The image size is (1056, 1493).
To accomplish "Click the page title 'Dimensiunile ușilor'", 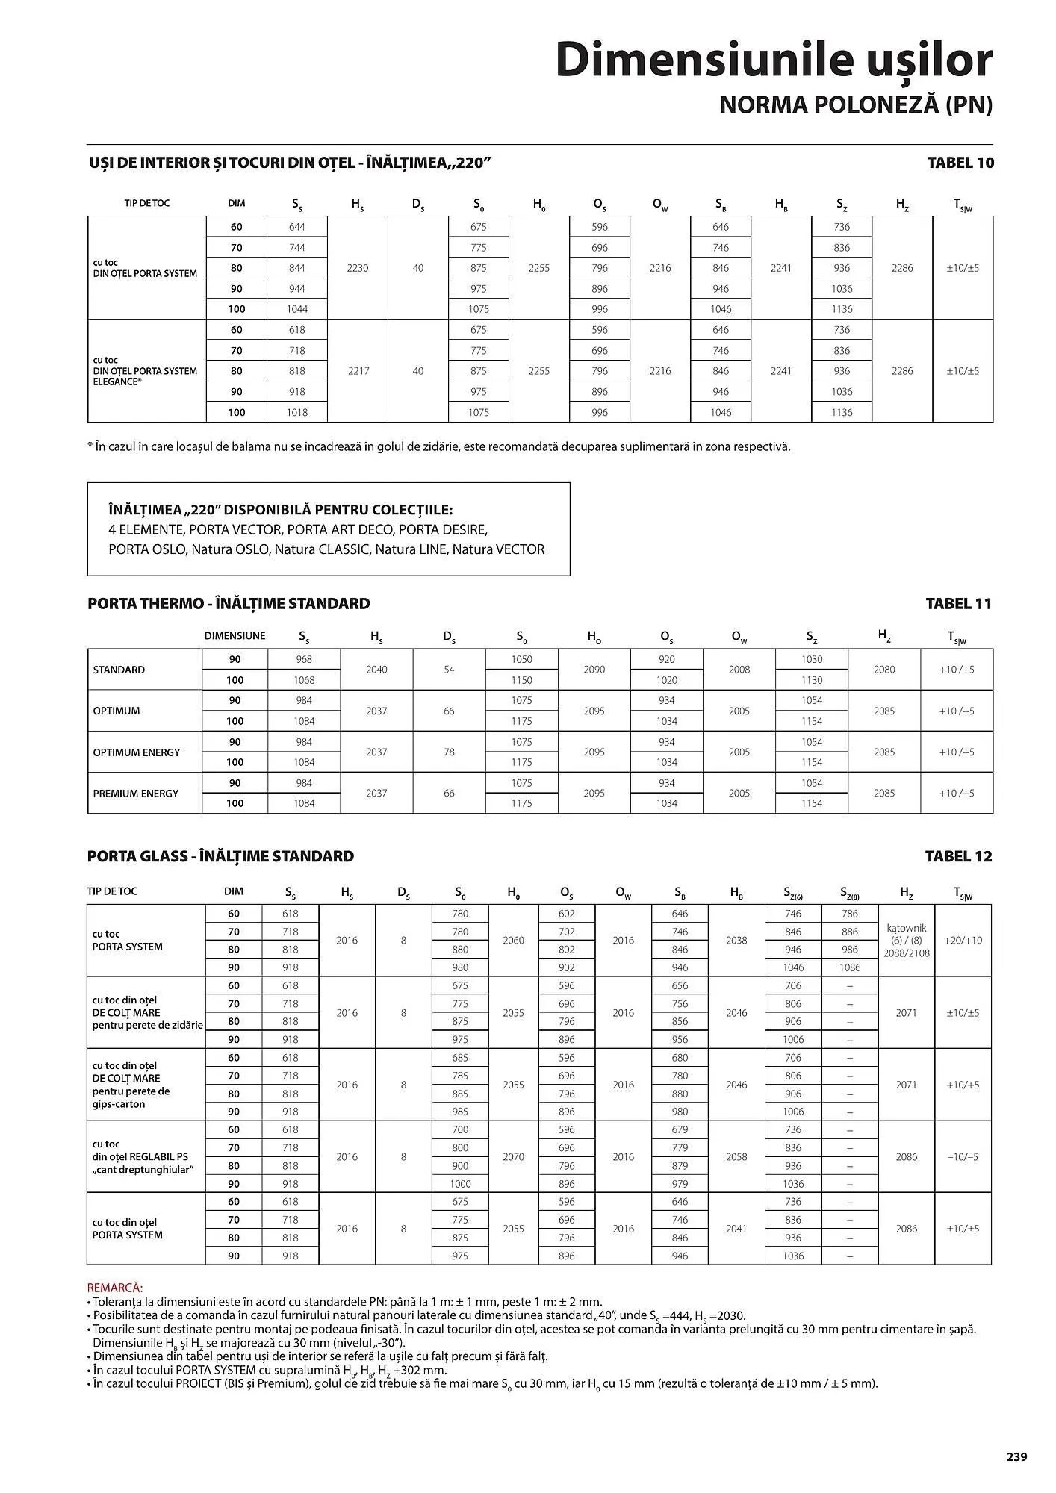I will (774, 61).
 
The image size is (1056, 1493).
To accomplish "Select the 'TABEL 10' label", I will (960, 163).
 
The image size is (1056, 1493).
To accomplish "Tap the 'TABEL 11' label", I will (958, 604).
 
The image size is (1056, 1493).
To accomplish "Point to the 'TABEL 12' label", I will (958, 856).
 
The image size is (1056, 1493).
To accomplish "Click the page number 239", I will (1016, 1456).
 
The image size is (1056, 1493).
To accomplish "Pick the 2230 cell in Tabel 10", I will (358, 268).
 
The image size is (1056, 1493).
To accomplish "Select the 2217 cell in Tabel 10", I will (358, 371).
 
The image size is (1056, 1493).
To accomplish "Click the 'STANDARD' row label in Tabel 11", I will (119, 670).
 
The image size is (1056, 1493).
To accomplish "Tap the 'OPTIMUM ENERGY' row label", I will (136, 752).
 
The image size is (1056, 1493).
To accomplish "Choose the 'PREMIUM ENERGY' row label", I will (135, 794).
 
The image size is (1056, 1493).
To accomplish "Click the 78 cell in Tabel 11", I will (449, 752).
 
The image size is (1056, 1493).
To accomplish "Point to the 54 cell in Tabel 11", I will (449, 670).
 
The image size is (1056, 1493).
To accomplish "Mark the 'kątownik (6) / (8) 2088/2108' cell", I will (907, 941).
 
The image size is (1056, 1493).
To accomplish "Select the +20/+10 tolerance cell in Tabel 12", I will (963, 941).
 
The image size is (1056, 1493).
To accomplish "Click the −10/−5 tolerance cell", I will (963, 1156).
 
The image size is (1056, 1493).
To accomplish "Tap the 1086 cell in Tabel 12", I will (850, 967).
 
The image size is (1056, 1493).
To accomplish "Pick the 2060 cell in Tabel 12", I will (513, 941).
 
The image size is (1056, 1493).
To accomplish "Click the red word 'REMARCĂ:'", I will (115, 1288).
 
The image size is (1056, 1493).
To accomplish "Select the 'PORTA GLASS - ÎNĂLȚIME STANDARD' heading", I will (220, 856).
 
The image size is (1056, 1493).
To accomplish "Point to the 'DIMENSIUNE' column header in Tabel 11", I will (235, 636).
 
